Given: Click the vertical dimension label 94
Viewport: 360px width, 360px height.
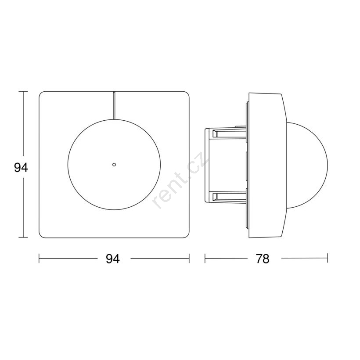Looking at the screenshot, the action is pos(21,167).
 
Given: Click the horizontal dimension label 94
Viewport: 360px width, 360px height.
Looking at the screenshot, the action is pos(113,259).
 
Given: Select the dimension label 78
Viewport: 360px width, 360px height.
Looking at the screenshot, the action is pos(263,259).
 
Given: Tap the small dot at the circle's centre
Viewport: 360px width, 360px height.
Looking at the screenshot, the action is pos(114,164).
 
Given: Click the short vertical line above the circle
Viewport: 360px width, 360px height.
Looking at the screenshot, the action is pos(114,106).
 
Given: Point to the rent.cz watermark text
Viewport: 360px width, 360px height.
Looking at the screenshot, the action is pos(180,180).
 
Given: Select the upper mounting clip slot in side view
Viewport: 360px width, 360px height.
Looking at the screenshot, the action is pos(229,133).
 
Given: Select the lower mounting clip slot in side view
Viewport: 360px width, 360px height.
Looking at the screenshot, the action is pos(229,197).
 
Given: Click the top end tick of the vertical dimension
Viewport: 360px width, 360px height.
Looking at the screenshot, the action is pos(23,91).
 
